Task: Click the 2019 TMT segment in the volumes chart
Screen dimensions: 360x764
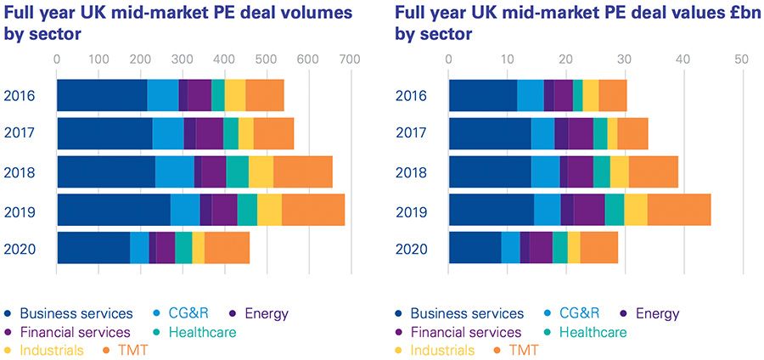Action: [313, 210]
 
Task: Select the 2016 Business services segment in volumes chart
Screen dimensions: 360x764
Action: [102, 95]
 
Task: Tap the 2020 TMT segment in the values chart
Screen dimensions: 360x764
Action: [599, 248]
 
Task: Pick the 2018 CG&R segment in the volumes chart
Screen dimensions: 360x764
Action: [175, 172]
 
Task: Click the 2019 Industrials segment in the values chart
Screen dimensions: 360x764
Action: [636, 210]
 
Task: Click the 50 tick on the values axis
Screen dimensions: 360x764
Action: [741, 60]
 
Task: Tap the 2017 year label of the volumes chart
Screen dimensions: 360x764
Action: [19, 133]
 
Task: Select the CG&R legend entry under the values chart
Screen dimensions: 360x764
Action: [579, 314]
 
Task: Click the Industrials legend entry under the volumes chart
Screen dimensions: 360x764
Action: [51, 350]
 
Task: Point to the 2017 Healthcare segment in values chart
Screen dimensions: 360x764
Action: [600, 133]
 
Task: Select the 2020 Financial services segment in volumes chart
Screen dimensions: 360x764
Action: [166, 248]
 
